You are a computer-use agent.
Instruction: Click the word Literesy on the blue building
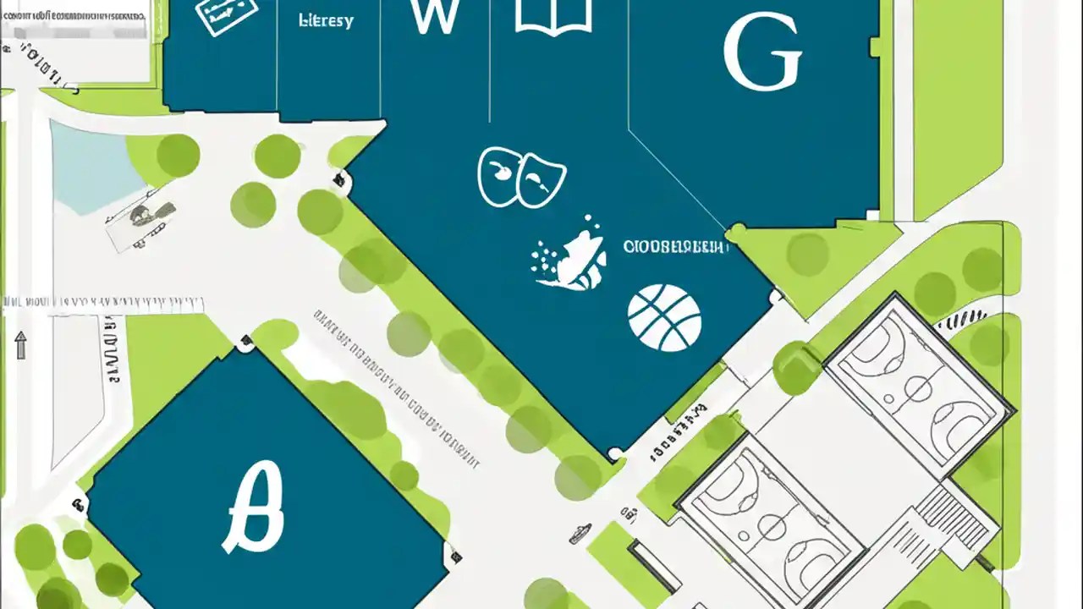click(x=326, y=20)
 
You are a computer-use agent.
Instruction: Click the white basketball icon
click(x=664, y=318)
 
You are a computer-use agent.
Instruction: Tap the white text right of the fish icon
click(x=675, y=247)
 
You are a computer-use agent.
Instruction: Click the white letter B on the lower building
click(x=255, y=507)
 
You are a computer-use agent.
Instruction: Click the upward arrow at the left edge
click(x=21, y=345)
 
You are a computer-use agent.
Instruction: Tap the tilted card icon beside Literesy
click(x=225, y=17)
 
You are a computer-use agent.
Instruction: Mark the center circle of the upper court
click(x=918, y=390)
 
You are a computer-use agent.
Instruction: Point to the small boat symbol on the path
click(x=579, y=533)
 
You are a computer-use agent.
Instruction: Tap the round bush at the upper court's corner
click(x=796, y=369)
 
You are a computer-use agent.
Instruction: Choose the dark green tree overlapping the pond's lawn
click(x=178, y=156)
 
